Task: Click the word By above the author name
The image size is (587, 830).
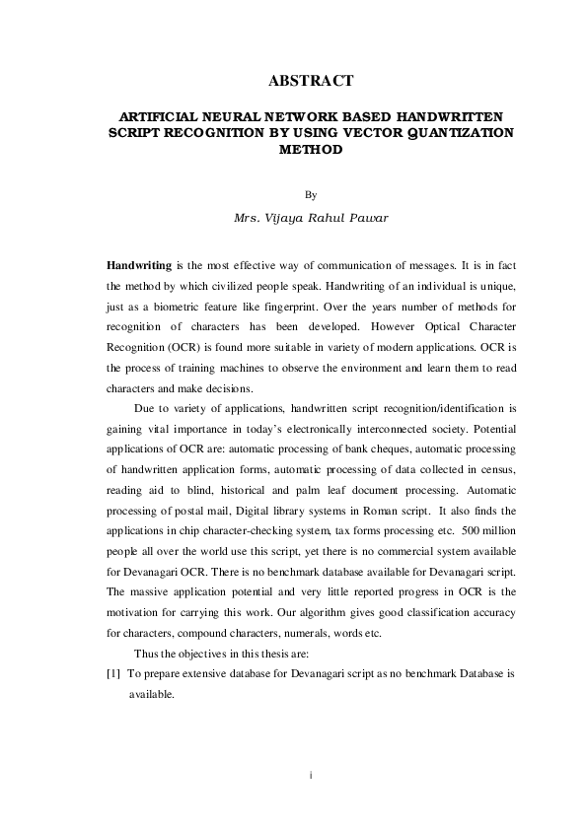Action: (311, 195)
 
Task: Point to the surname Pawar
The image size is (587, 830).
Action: (363, 217)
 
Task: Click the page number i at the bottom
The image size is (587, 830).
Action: (311, 777)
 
